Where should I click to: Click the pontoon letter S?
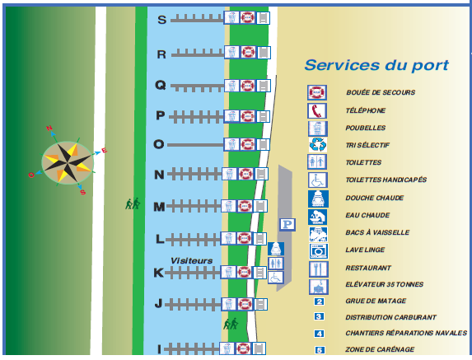[x=162, y=20]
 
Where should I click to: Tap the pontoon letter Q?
[x=161, y=85]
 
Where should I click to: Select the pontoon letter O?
[x=159, y=144]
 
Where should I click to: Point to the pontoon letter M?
[x=159, y=207]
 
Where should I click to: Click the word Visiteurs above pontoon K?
[x=191, y=260]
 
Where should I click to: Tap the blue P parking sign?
[x=287, y=225]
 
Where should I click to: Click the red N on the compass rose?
[x=49, y=129]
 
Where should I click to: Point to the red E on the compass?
[x=104, y=151]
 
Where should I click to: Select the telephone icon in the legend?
[x=317, y=110]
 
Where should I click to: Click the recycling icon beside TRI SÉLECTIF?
[x=318, y=145]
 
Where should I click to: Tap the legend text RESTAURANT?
[x=368, y=268]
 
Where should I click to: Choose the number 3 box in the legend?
[x=319, y=316]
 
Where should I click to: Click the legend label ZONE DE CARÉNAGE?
[x=380, y=349]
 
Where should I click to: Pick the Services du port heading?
[x=376, y=65]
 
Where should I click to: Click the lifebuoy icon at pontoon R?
[x=248, y=53]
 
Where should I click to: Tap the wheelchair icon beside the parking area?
[x=276, y=278]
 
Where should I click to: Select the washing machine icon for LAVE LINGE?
[x=319, y=251]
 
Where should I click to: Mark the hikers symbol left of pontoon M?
[x=133, y=203]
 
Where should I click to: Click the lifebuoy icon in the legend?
[x=317, y=92]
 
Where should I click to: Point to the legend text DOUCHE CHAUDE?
[x=375, y=198]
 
